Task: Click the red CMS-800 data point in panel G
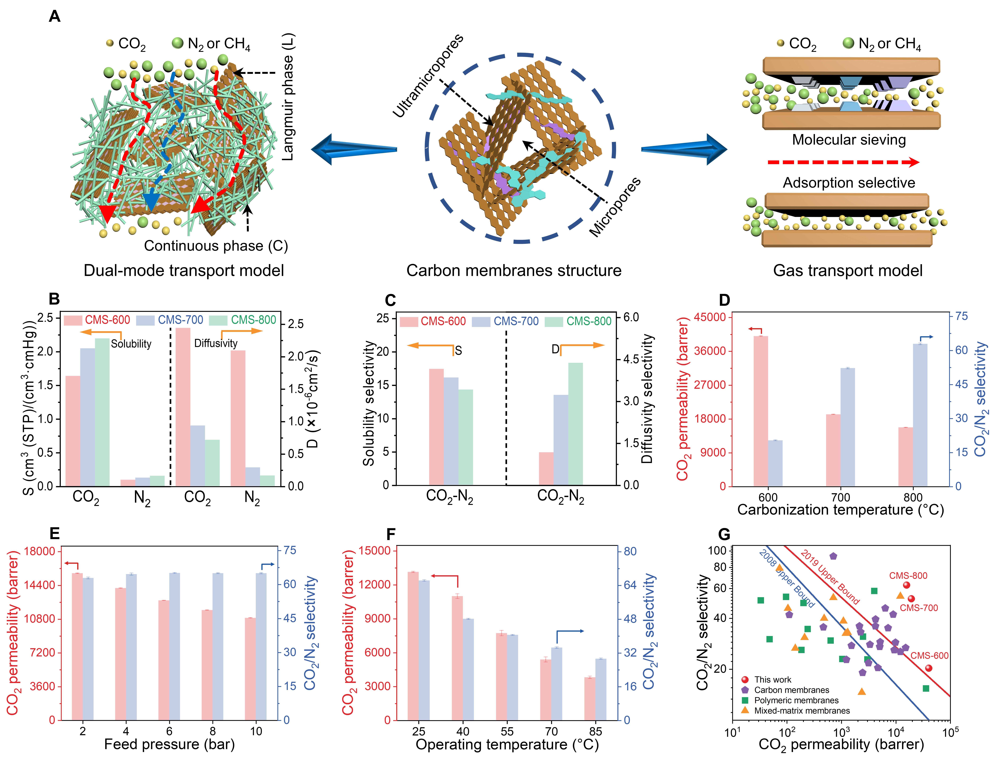(x=906, y=585)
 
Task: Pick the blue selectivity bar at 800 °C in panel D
(x=920, y=414)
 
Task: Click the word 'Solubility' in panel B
(x=131, y=344)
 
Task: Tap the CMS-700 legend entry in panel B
(x=180, y=320)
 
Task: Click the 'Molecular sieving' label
(x=849, y=139)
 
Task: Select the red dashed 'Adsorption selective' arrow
(x=843, y=162)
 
